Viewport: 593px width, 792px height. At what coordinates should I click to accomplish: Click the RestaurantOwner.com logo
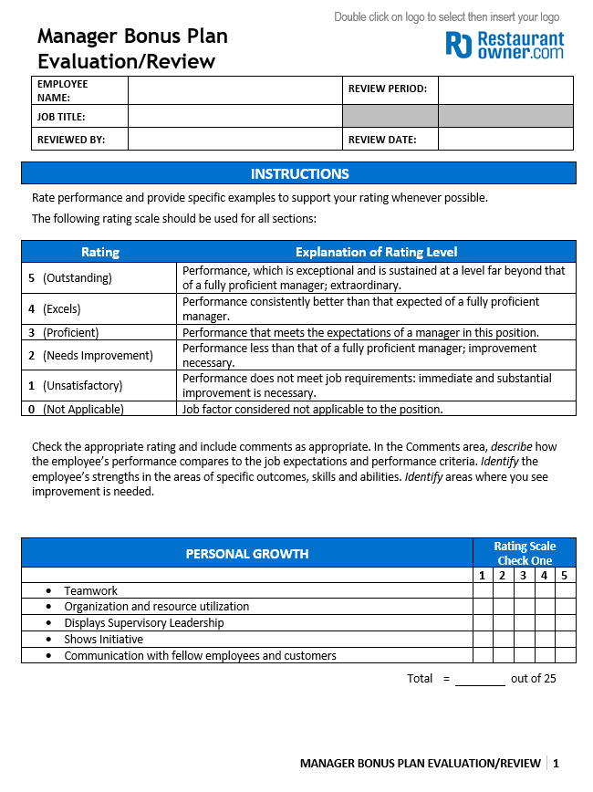[x=505, y=45]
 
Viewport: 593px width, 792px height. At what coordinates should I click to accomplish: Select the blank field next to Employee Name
[x=234, y=90]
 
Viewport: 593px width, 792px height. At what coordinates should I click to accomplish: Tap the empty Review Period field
[x=505, y=90]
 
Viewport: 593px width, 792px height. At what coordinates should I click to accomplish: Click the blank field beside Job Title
[x=234, y=116]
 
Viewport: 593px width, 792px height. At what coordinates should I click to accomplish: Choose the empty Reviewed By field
[x=234, y=139]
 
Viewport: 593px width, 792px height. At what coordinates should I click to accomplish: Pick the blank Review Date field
[x=505, y=139]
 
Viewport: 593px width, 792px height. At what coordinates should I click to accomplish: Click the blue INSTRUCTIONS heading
[x=299, y=173]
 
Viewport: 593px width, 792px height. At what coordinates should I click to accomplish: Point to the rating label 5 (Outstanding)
[x=70, y=277]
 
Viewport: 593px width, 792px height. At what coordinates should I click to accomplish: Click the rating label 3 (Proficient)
[x=63, y=332]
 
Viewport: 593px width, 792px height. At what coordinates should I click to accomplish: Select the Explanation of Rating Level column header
[x=376, y=252]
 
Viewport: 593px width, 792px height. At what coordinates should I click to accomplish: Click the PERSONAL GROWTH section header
[x=247, y=553]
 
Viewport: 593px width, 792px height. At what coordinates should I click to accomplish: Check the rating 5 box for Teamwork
[x=566, y=590]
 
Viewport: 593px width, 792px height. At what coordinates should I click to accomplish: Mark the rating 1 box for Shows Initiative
[x=483, y=640]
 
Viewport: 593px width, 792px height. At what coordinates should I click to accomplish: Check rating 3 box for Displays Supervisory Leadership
[x=524, y=623]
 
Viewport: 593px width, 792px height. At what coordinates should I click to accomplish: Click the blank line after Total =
[x=480, y=679]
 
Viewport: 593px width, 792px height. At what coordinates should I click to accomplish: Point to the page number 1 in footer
[x=556, y=764]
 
